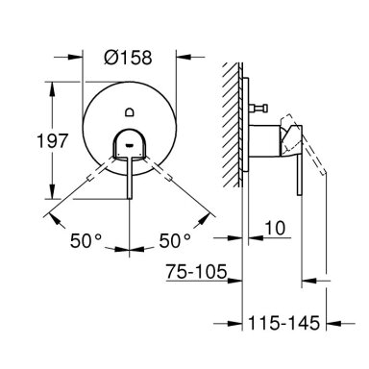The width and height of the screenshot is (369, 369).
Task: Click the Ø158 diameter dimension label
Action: [128, 58]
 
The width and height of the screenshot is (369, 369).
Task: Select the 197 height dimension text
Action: [53, 141]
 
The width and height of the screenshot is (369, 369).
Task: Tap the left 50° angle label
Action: [86, 241]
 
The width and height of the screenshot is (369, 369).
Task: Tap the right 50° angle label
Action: [175, 241]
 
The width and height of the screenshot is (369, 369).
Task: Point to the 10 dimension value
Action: [275, 228]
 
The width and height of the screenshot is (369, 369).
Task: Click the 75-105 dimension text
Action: [196, 272]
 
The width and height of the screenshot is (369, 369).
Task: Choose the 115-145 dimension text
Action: [284, 323]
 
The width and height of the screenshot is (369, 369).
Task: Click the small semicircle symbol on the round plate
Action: [130, 111]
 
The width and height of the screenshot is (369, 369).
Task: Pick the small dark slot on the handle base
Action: [130, 146]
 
